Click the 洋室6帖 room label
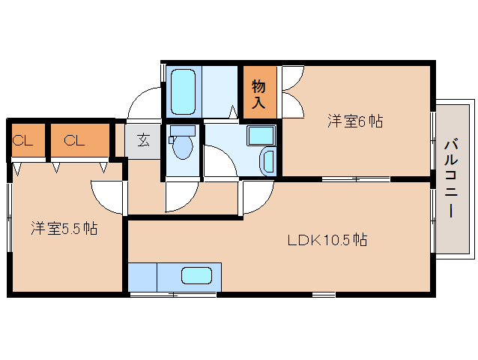[355, 121]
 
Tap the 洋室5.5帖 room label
[64, 228]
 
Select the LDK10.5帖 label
[327, 240]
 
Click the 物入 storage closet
[260, 92]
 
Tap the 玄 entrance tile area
[143, 141]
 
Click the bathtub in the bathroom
[184, 91]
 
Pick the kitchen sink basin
[196, 276]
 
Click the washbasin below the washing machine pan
[267, 161]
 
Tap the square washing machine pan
[261, 136]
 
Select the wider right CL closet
[80, 140]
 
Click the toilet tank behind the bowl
[183, 131]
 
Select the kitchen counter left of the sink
[142, 277]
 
